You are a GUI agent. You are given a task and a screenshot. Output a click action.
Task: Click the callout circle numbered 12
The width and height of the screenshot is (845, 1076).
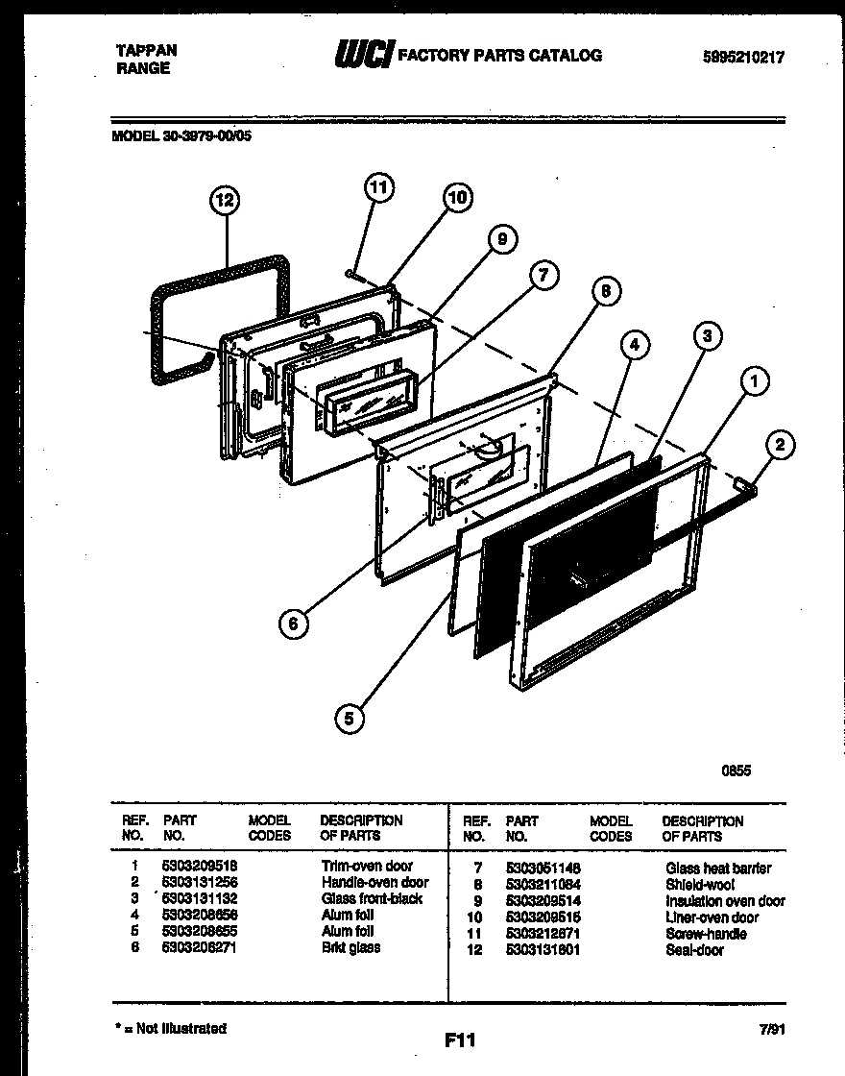224,201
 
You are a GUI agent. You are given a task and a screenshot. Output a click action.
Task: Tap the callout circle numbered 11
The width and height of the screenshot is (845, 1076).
379,187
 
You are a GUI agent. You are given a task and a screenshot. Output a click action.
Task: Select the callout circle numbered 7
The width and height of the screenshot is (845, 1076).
543,276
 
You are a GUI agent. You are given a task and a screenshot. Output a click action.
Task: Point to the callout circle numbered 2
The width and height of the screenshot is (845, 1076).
780,444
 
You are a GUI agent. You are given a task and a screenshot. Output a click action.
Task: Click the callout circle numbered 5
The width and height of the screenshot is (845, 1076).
350,716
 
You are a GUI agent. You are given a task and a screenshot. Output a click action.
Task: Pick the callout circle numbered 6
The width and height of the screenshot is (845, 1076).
294,624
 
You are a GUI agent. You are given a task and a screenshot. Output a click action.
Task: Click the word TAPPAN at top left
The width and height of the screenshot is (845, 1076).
146,51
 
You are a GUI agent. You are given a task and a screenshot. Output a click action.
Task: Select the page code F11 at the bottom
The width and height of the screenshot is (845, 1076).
460,1039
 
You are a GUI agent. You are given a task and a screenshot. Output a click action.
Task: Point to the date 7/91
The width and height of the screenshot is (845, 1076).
771,1029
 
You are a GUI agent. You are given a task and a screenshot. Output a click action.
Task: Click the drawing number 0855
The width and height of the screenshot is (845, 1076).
736,770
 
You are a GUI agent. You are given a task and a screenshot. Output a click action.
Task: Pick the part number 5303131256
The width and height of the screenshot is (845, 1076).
201,882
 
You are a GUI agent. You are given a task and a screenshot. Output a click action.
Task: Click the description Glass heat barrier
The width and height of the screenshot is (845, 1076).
717,868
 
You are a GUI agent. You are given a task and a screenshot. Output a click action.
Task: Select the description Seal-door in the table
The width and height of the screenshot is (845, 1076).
694,950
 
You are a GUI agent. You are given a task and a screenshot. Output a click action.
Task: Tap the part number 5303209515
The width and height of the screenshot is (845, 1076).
543,917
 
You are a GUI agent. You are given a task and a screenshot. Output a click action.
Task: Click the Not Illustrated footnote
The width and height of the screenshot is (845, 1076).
171,1028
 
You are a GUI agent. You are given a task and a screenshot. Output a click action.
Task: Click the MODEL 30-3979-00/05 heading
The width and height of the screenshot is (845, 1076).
182,135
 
